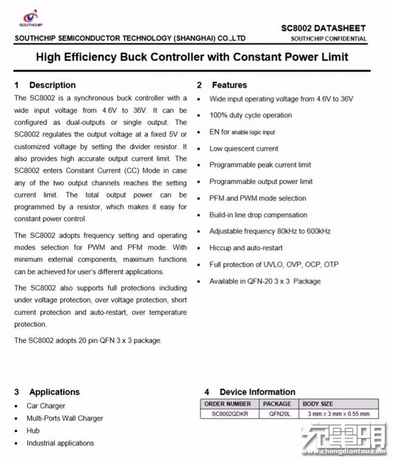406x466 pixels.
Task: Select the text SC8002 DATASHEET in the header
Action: coord(323,28)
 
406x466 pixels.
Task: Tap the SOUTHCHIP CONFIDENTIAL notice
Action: coord(328,39)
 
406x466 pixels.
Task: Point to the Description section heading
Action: coord(52,85)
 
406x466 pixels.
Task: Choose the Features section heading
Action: coord(229,85)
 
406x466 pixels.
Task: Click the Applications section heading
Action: coord(54,392)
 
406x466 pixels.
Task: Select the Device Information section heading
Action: coord(257,392)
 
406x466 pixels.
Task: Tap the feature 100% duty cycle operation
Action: coord(250,115)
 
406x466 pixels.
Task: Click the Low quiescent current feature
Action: coord(244,148)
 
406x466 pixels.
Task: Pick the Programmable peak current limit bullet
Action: coord(260,165)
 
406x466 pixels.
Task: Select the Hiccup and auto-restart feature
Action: coord(246,248)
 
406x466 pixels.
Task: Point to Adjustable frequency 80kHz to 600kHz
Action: coord(270,231)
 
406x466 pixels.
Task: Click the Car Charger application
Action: coord(46,405)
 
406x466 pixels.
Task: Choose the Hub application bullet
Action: coord(33,430)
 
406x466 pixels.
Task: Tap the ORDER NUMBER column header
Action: coord(228,404)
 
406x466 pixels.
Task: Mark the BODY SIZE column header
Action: coord(318,404)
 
